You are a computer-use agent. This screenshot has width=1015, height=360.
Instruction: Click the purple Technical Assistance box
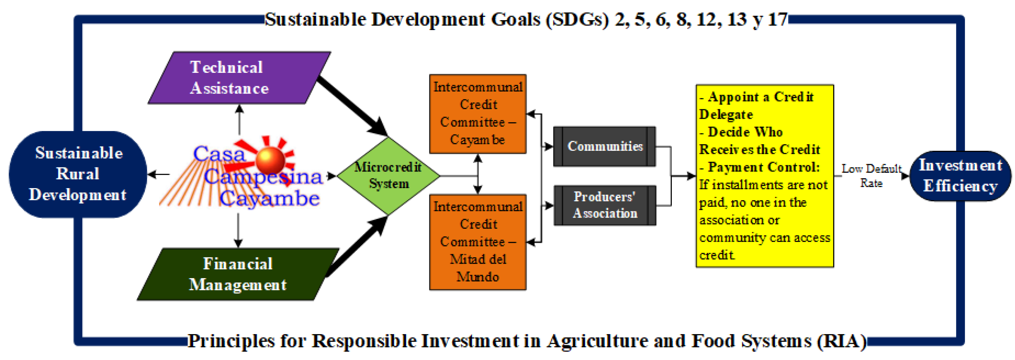click(x=240, y=78)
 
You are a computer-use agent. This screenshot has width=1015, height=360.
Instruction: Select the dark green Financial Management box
click(x=238, y=274)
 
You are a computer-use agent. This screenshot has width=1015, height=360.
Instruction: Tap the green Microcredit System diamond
click(x=389, y=176)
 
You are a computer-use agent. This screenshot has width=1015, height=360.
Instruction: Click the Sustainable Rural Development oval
click(x=78, y=174)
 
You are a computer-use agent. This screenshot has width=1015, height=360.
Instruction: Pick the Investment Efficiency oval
click(x=960, y=176)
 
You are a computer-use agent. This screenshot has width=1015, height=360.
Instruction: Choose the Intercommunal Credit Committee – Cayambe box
click(x=478, y=114)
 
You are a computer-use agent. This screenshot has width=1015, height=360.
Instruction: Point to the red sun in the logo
click(x=270, y=160)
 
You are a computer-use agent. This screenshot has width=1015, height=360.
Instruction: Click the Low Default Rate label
click(x=871, y=176)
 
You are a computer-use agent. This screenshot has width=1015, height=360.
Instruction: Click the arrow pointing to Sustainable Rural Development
click(x=158, y=174)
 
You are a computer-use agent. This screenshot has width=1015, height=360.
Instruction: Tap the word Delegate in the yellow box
click(x=726, y=115)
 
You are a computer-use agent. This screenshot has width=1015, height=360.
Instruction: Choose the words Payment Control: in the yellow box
click(x=764, y=167)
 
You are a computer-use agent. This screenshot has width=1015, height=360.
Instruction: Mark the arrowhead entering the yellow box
click(x=691, y=176)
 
